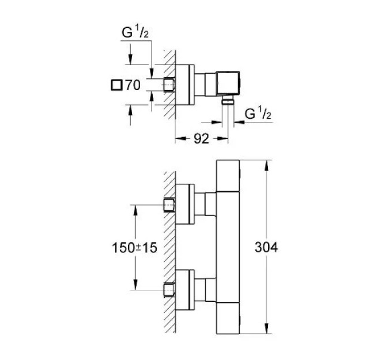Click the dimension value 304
[266, 248]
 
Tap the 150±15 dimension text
[134, 248]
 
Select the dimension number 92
[201, 139]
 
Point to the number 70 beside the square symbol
[133, 85]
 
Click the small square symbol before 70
[116, 85]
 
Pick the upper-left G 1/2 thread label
[135, 33]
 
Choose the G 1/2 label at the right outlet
[258, 113]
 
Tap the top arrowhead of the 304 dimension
[266, 165]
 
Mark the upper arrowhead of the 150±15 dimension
[135, 210]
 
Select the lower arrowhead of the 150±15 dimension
[135, 285]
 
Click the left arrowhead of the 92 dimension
[181, 138]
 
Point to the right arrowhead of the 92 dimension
[223, 138]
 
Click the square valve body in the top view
[228, 83]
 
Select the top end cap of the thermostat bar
[228, 176]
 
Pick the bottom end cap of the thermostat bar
[228, 318]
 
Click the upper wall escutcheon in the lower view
[184, 204]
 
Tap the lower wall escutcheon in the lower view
[184, 290]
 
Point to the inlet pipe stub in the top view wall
[169, 85]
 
